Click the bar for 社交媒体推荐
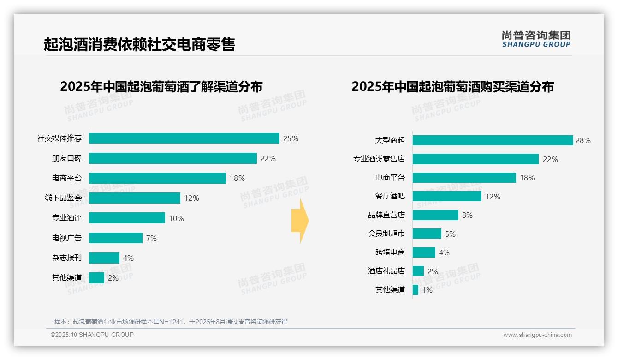(x=184, y=138)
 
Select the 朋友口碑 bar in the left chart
(x=172, y=158)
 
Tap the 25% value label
(x=291, y=138)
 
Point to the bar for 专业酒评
(x=127, y=218)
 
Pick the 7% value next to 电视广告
(x=151, y=238)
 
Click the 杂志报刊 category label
(x=66, y=258)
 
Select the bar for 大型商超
(x=493, y=140)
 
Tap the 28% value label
(x=583, y=140)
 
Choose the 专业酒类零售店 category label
(x=379, y=159)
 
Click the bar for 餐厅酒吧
(x=447, y=196)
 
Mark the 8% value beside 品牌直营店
(x=467, y=215)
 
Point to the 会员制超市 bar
(x=427, y=234)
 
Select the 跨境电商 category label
(x=390, y=252)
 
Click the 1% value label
(x=427, y=290)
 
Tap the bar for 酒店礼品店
(x=418, y=271)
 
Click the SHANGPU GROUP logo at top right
(x=536, y=39)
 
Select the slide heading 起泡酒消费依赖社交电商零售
(x=139, y=44)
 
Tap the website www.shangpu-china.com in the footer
(x=537, y=335)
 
